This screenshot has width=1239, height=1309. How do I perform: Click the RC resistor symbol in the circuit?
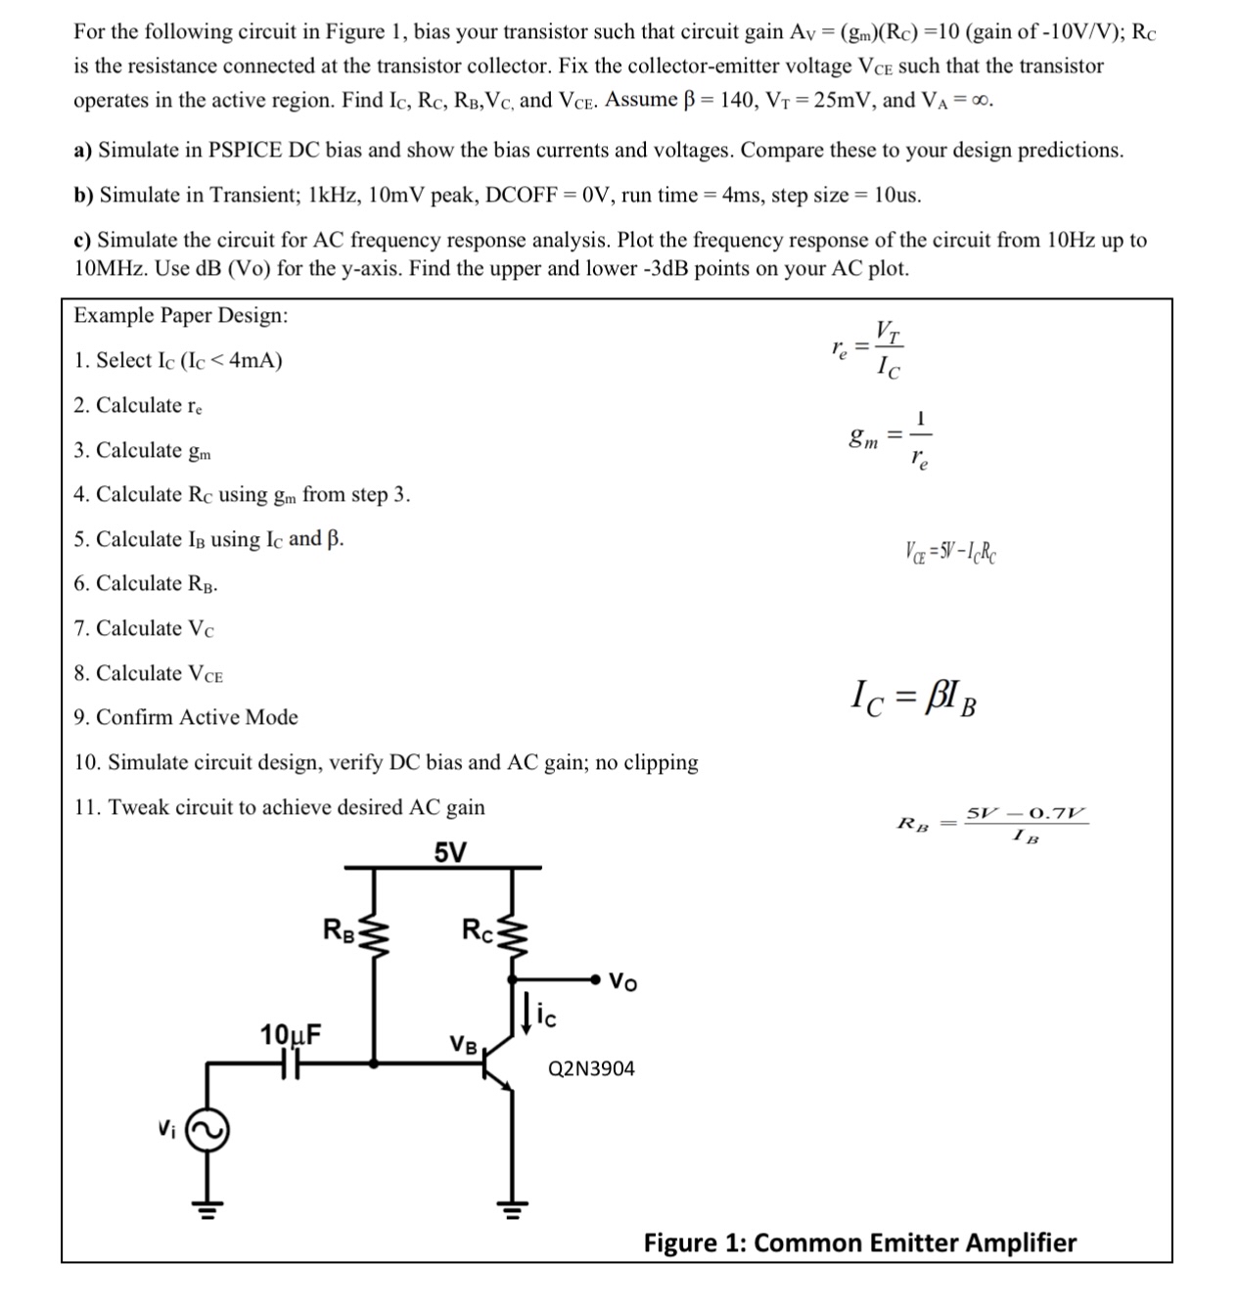(x=513, y=935)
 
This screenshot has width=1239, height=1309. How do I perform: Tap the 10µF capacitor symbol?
(x=292, y=1061)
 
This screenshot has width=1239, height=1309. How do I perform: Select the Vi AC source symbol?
(x=207, y=1130)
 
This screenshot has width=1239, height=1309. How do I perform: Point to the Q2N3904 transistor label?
(x=591, y=1069)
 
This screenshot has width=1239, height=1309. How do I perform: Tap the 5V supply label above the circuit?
(x=450, y=852)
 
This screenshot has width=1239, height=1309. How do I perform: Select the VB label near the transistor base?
(x=463, y=1044)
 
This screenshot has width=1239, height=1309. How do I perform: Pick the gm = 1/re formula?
(x=892, y=437)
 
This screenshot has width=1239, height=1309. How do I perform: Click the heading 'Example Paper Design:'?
(x=181, y=316)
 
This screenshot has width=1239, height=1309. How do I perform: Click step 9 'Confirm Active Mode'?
(x=186, y=717)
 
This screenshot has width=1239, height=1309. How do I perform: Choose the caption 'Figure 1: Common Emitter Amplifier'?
(x=859, y=1242)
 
